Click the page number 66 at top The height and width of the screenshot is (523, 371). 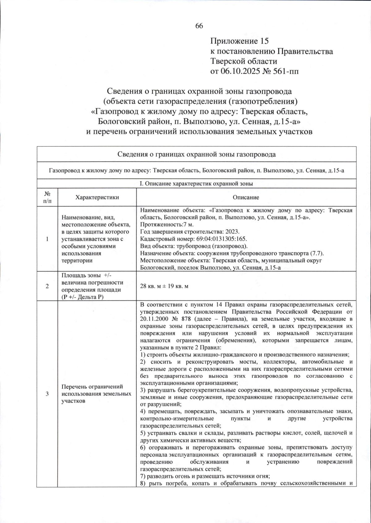tap(199, 26)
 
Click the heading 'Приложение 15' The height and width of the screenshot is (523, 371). tap(239, 41)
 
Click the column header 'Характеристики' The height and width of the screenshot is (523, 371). tap(97, 197)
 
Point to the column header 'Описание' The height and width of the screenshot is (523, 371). tap(246, 197)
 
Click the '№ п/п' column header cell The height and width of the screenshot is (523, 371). tap(47, 197)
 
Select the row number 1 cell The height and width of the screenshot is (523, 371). tap(47, 239)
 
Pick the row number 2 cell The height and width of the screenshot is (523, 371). tap(47, 286)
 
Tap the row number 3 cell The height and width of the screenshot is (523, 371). tap(47, 394)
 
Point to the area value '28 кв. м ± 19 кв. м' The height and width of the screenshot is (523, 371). tap(164, 286)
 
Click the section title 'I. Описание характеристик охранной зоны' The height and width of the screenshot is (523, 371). tap(196, 183)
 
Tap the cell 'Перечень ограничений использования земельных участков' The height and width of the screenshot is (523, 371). tap(96, 394)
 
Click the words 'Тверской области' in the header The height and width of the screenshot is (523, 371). tap(244, 61)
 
